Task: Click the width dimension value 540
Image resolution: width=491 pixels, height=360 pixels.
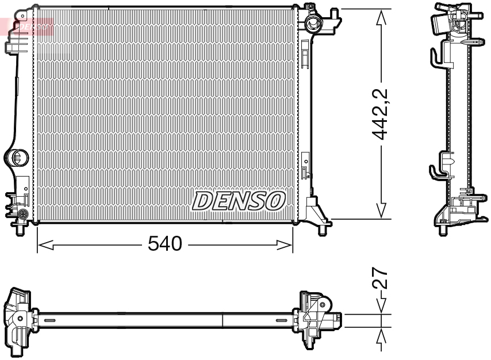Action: click(164, 244)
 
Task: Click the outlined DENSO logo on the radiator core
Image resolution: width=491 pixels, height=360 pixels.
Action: click(239, 201)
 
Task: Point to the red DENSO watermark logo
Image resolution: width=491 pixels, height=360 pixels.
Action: click(29, 26)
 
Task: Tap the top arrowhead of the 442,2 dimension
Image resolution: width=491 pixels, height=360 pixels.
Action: click(381, 17)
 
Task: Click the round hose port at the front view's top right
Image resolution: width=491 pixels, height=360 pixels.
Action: click(313, 23)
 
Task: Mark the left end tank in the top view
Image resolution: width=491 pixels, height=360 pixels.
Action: click(18, 319)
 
